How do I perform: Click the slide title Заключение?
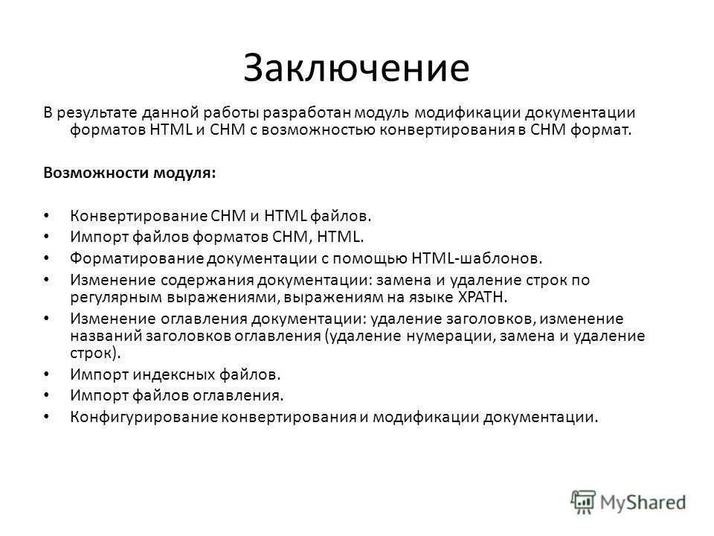click(x=356, y=68)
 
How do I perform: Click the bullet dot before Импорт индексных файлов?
click(x=47, y=374)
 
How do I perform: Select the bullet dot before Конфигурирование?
click(x=47, y=416)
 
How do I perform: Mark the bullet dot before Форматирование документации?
click(x=47, y=258)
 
